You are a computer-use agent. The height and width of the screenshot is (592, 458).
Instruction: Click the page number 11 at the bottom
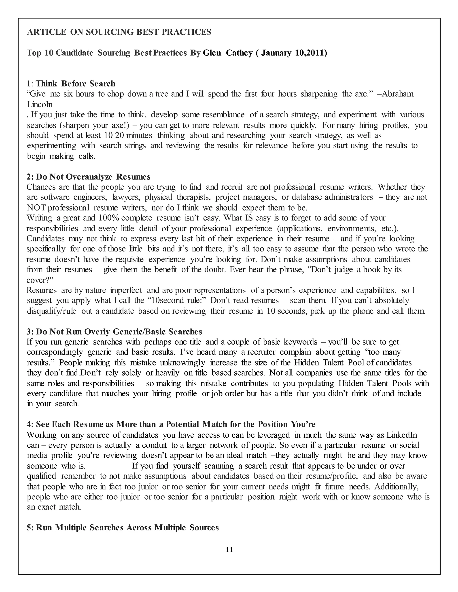click(229, 550)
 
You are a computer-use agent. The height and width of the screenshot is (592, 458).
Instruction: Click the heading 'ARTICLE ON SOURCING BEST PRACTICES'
click(119, 32)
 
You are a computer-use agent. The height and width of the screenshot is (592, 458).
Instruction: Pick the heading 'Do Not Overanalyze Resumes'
click(89, 177)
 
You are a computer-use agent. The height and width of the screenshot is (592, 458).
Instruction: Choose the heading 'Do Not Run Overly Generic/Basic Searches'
click(114, 332)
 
